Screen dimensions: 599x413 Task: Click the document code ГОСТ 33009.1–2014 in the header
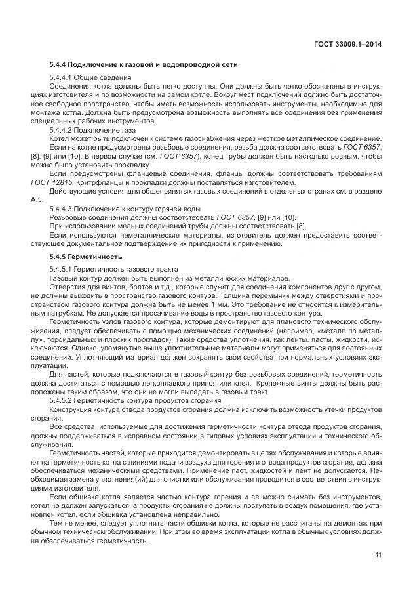point(347,45)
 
